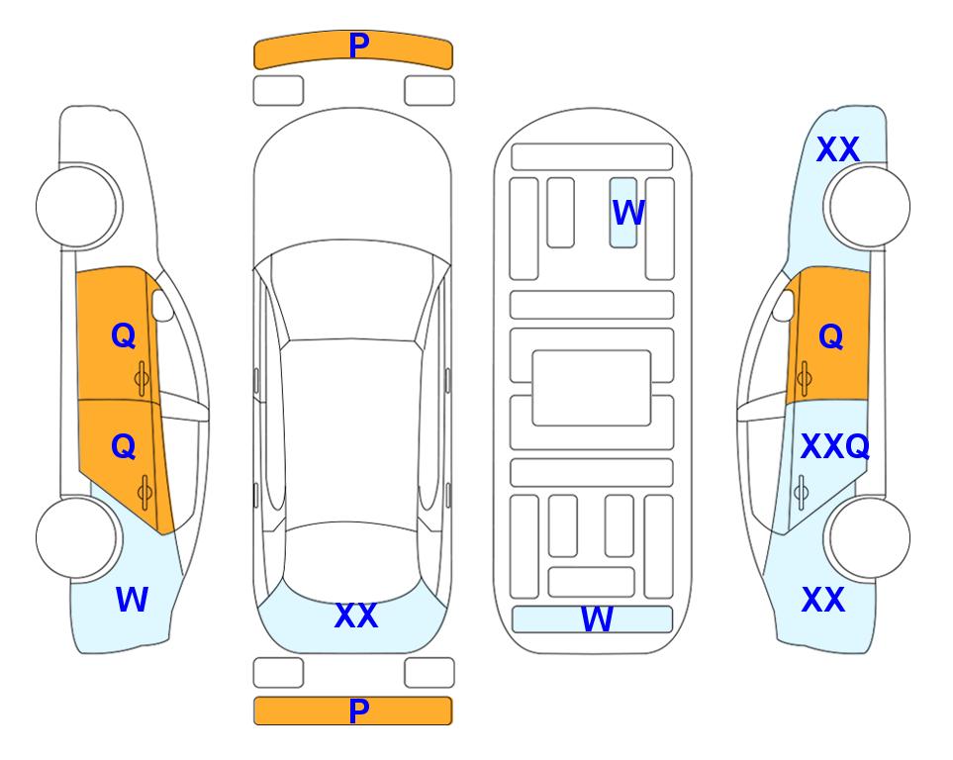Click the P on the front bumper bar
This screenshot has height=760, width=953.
click(358, 46)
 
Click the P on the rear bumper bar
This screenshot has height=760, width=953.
click(358, 711)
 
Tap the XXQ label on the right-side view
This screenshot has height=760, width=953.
click(833, 447)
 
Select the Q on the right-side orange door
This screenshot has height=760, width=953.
click(830, 337)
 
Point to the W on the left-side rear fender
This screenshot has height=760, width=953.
click(132, 600)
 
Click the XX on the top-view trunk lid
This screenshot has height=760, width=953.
click(355, 616)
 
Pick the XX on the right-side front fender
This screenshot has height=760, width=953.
click(837, 150)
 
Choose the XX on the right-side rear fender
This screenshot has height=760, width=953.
click(822, 600)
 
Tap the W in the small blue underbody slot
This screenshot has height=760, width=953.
click(627, 213)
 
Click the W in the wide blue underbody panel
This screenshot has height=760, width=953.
click(596, 619)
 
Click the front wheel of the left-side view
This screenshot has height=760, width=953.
click(78, 206)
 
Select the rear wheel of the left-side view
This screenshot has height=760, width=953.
click(78, 537)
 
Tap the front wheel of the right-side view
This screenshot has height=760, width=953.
click(868, 206)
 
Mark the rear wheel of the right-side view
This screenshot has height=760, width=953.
click(869, 538)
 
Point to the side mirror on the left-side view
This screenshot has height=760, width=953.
click(162, 307)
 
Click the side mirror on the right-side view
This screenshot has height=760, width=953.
click(783, 307)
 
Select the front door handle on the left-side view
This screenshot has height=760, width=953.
click(143, 377)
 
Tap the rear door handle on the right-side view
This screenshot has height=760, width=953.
click(802, 491)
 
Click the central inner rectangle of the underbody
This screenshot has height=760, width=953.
click(592, 388)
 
